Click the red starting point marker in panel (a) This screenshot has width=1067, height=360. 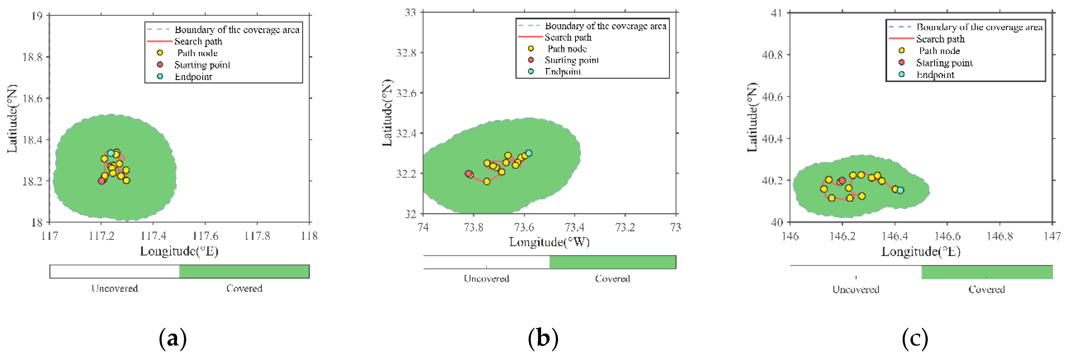pyautogui.click(x=102, y=181)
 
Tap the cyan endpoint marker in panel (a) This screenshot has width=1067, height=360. pyautogui.click(x=111, y=153)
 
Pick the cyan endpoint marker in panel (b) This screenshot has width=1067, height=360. pyautogui.click(x=529, y=153)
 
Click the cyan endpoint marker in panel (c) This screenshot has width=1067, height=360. pyautogui.click(x=900, y=190)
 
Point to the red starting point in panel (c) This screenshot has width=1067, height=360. pyautogui.click(x=842, y=181)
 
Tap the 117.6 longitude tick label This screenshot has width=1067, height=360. pyautogui.click(x=205, y=236)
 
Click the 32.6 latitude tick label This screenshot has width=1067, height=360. pyautogui.click(x=406, y=93)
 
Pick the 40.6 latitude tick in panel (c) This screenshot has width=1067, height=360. pyautogui.click(x=772, y=96)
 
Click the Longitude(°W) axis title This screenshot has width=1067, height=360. pyautogui.click(x=549, y=242)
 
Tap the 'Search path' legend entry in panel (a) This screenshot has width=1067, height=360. pyautogui.click(x=198, y=41)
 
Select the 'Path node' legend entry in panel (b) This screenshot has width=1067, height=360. pyautogui.click(x=567, y=49)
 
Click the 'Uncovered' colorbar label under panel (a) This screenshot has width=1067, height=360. pyautogui.click(x=115, y=288)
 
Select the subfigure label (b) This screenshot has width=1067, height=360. pyautogui.click(x=543, y=338)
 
